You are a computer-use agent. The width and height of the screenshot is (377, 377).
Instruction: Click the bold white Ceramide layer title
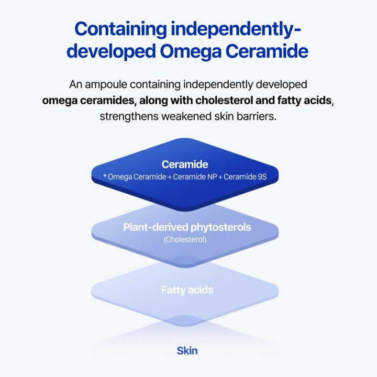(185, 164)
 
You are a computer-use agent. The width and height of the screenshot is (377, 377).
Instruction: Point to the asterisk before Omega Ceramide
(105, 177)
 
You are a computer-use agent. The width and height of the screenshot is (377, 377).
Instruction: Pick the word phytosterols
(217, 227)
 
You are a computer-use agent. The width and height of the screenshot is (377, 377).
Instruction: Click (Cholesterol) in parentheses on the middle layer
(185, 240)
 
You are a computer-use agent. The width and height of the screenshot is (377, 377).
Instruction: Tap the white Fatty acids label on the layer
(187, 290)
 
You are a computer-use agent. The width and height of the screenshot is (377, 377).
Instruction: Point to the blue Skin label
(187, 350)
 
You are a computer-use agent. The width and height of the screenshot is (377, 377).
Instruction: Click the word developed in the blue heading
(109, 52)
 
